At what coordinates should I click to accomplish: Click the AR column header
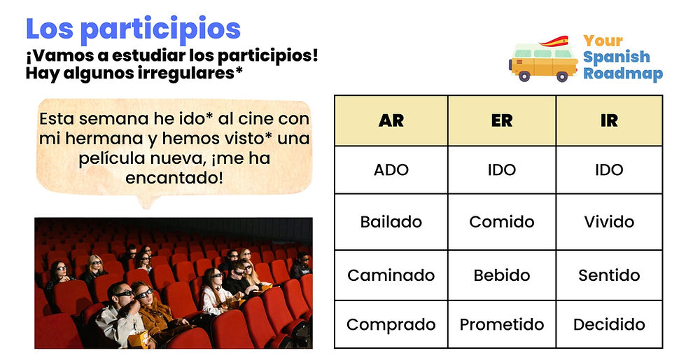point(391,120)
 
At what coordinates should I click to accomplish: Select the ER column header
point(501,120)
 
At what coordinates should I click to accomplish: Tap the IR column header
point(609,120)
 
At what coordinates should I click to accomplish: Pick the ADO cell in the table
point(391,169)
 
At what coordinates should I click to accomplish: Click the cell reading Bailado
point(391,222)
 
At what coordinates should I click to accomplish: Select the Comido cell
point(501,222)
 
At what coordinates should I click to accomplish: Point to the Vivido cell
point(609,222)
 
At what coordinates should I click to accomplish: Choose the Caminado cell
point(391,275)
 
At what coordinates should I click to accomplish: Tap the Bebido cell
point(501,275)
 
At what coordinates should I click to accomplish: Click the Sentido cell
point(609,275)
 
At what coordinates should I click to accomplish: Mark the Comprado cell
point(391,324)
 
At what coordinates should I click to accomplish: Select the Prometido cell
point(501,324)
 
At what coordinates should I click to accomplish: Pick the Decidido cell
point(609,324)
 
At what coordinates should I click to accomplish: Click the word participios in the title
point(160,29)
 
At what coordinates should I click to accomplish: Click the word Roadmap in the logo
point(622,74)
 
